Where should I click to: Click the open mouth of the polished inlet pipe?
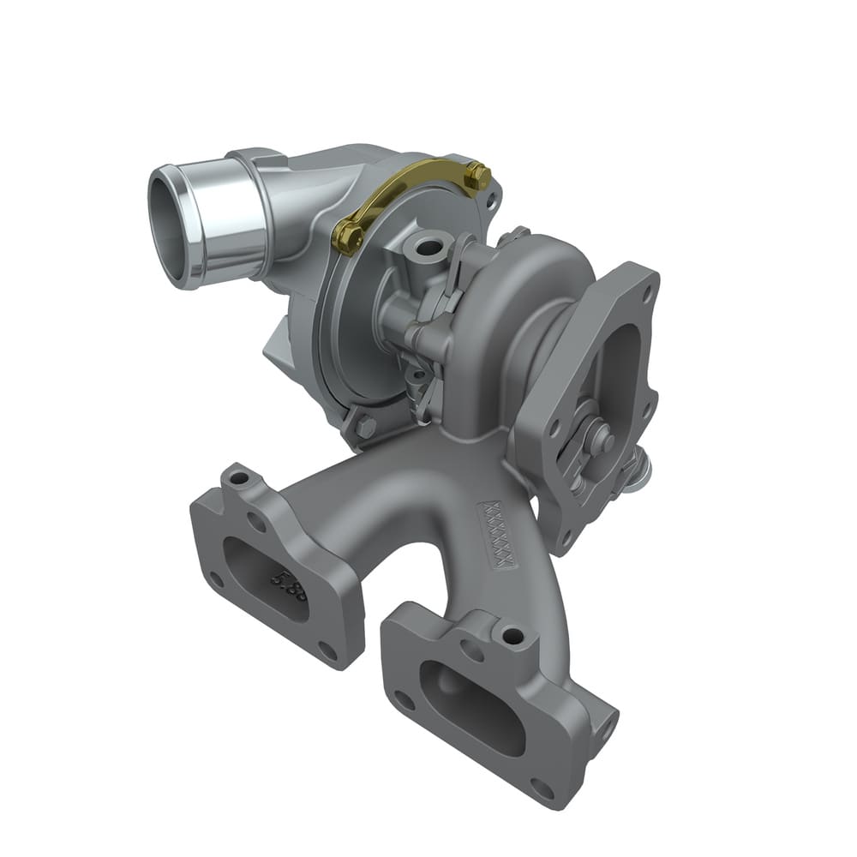[x=168, y=225]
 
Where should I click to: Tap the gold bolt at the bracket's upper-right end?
[x=477, y=177]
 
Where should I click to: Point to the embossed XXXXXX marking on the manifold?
[x=500, y=534]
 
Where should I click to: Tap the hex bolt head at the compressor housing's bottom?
[x=363, y=426]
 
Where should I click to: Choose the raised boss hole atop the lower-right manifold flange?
[x=512, y=636]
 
